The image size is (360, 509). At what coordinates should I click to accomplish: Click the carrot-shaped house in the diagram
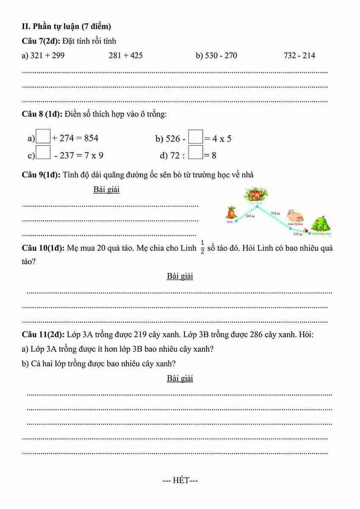click(232, 212)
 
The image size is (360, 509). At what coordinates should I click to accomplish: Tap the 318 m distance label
click(276, 213)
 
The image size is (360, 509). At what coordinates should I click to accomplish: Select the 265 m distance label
click(250, 216)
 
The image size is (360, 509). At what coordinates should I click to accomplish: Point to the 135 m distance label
click(297, 234)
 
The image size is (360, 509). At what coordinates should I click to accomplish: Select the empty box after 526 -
click(195, 138)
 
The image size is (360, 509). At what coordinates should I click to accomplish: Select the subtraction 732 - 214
click(299, 56)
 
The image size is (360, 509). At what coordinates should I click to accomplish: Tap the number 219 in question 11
click(140, 334)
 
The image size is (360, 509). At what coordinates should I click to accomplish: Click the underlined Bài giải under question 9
click(106, 189)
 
